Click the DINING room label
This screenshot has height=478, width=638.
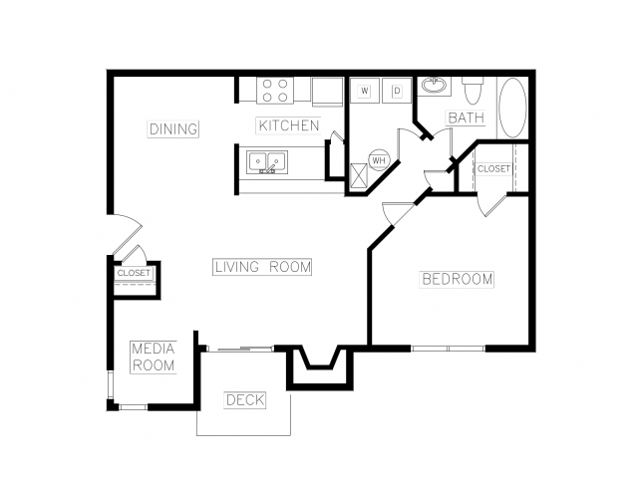[x=172, y=128]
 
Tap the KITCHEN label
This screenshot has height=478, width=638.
[x=288, y=125]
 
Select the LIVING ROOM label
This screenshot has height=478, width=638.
[x=262, y=267]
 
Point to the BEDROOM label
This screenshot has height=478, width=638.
[x=457, y=279]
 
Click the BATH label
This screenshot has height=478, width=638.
[x=466, y=118]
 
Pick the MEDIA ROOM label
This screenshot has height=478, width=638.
[x=154, y=358]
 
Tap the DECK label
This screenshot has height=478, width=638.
[x=244, y=400]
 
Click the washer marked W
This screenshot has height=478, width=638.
[x=365, y=91]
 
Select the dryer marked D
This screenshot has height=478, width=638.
[x=397, y=91]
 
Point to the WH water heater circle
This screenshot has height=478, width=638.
[x=379, y=160]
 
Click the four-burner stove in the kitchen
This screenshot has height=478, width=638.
[x=275, y=91]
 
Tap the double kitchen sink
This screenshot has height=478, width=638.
[x=267, y=161]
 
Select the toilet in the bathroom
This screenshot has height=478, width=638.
[x=473, y=91]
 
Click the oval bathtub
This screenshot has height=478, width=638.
[x=512, y=108]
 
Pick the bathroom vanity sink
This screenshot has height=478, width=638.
[x=434, y=86]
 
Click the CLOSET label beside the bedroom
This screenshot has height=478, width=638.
[x=493, y=168]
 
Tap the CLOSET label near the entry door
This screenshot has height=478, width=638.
[x=134, y=273]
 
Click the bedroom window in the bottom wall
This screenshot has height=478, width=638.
[x=448, y=349]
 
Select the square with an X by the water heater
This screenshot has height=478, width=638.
[x=359, y=175]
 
